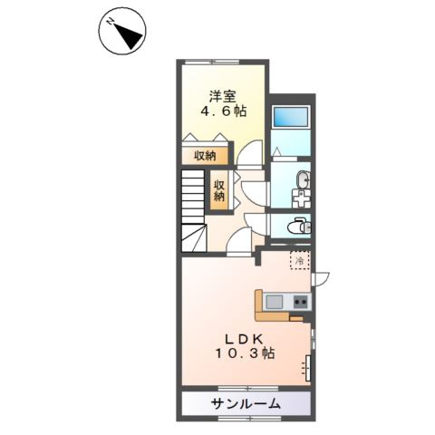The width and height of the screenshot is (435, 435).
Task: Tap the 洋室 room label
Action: (223, 95)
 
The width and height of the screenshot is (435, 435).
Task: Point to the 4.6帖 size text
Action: (224, 112)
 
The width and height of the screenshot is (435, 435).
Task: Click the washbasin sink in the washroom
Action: (301, 179)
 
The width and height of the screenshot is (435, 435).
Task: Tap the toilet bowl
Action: (296, 226)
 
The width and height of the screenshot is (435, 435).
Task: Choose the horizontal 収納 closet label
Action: (205, 156)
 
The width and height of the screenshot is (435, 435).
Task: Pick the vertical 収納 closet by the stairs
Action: (219, 190)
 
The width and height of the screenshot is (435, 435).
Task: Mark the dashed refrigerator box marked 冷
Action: (299, 260)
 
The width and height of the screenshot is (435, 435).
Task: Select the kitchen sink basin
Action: (276, 301)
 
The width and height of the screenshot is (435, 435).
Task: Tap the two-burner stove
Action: (300, 301)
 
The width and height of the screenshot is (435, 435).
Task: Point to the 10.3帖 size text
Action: (239, 355)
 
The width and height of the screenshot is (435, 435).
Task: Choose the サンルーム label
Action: (246, 403)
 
